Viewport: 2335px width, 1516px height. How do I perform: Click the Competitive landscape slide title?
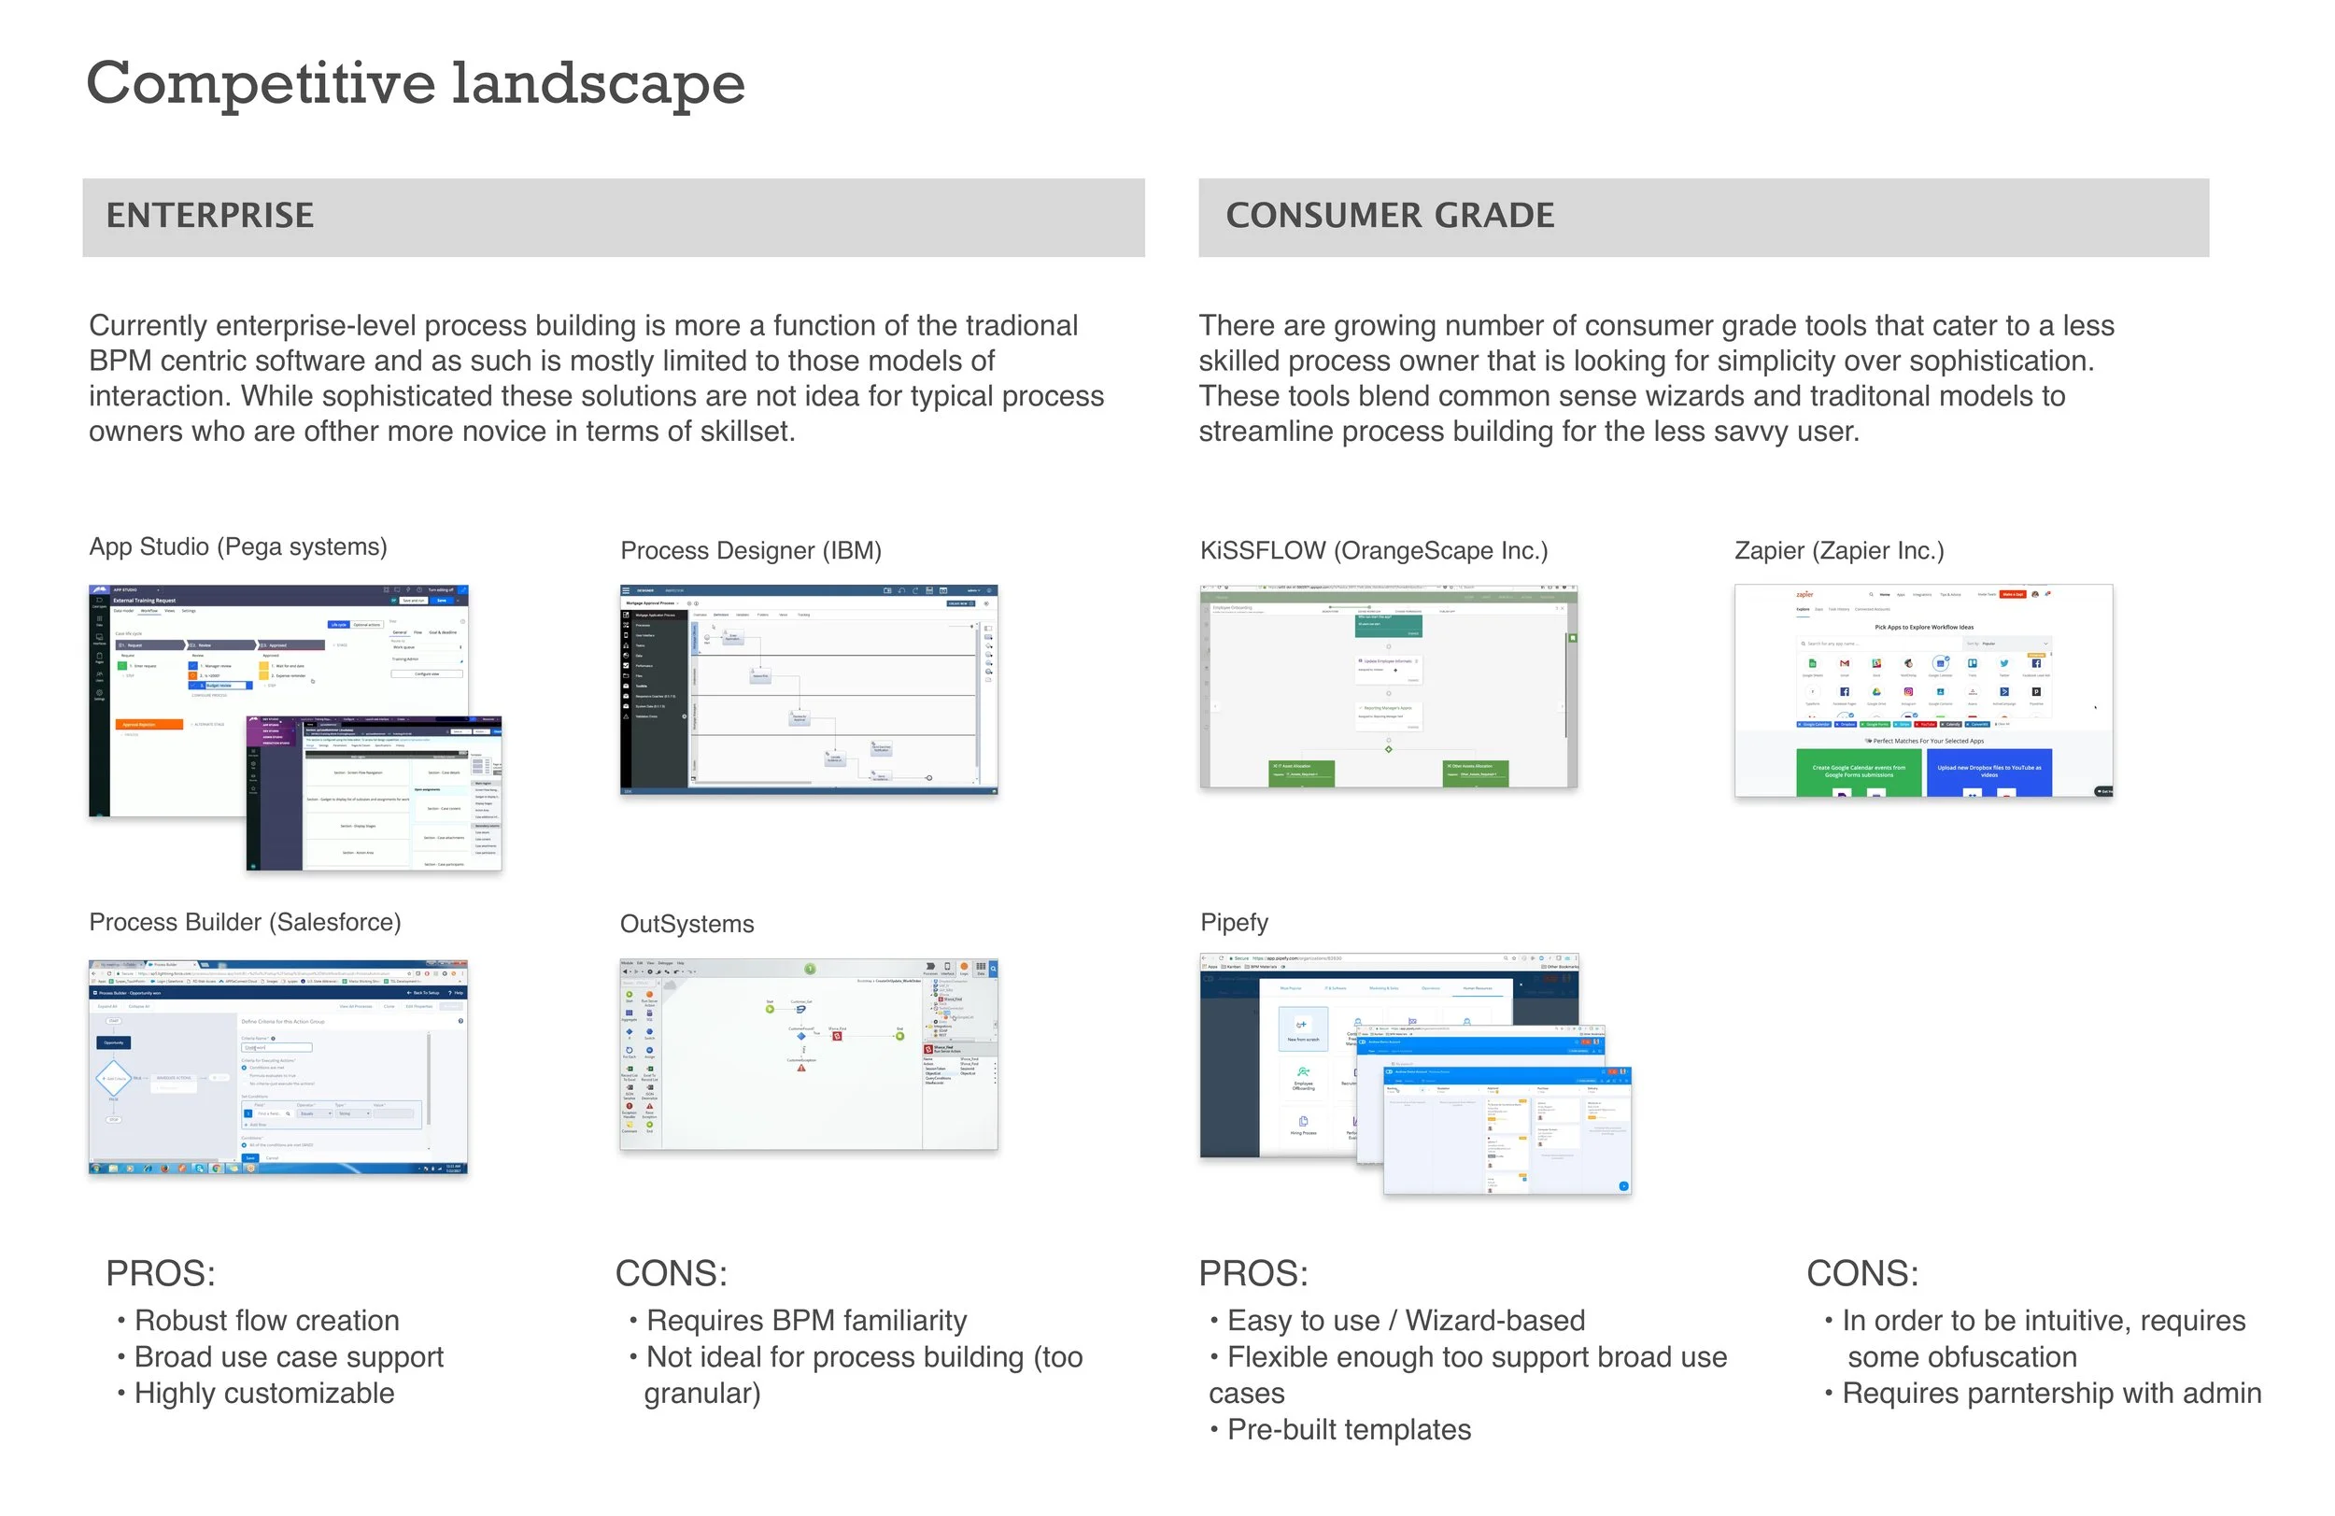[415, 82]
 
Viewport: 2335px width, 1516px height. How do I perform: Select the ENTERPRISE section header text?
[210, 216]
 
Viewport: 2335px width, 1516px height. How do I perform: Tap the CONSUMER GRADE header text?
[1389, 216]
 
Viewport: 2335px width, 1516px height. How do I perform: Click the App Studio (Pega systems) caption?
[237, 546]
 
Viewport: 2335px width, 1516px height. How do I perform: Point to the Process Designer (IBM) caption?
[751, 550]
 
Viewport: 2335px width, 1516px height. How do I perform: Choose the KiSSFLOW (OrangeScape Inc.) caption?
[1374, 550]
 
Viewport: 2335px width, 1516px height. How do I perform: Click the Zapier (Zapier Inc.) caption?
[1838, 550]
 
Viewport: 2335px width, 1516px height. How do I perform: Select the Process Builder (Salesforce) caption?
[246, 922]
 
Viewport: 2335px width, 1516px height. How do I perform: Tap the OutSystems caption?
[686, 925]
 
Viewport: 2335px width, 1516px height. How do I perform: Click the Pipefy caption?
[1234, 922]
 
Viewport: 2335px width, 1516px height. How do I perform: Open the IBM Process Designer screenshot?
[809, 689]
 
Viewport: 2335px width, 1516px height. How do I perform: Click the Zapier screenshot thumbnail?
[1923, 689]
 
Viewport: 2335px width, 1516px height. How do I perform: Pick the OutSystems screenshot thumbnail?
[809, 1055]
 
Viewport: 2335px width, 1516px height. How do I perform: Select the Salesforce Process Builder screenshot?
[277, 1067]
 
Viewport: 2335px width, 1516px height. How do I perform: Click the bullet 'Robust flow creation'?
[266, 1321]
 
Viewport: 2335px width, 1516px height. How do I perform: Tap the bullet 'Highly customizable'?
[264, 1394]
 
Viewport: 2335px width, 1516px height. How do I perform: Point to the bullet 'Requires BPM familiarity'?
[806, 1321]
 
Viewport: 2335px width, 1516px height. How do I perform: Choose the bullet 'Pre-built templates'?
[1349, 1430]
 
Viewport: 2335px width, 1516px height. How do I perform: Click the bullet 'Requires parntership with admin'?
[2050, 1394]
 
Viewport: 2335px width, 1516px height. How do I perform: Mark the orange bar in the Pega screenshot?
[150, 724]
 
